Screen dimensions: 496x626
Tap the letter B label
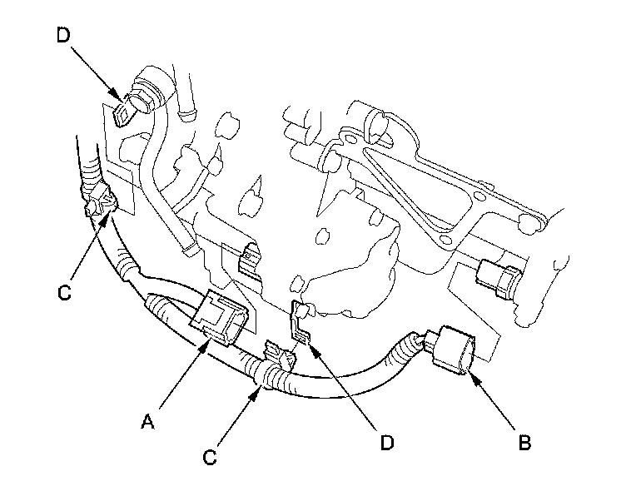[524, 442]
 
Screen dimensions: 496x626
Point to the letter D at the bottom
[385, 444]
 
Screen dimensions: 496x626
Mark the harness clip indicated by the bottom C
[277, 358]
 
